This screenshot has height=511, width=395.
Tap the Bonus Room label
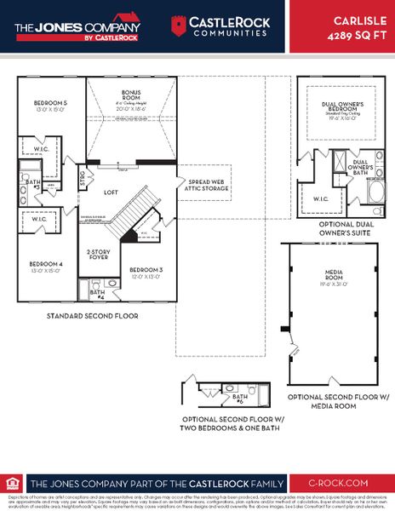[x=131, y=100]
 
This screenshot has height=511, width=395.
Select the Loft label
[x=111, y=192]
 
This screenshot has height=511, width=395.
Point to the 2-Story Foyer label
[x=100, y=255]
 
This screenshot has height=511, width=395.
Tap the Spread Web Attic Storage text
[x=203, y=187]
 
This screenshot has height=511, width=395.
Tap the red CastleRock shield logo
[x=179, y=26]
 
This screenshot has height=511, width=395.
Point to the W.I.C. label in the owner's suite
[x=320, y=199]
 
